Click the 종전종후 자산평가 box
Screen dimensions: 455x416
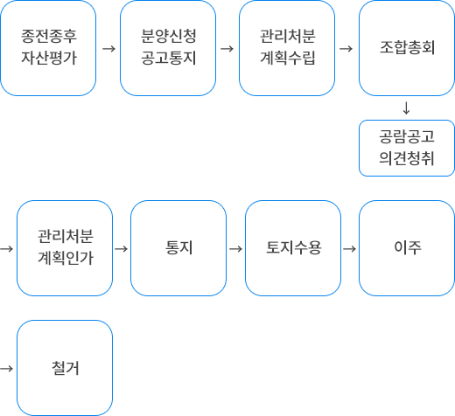tap(48, 48)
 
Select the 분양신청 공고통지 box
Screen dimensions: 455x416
tap(168, 48)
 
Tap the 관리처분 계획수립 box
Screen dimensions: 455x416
tap(287, 48)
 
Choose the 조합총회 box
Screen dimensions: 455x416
tap(407, 48)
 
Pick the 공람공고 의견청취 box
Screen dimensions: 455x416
tap(407, 148)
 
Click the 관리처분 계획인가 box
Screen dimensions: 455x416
tap(65, 248)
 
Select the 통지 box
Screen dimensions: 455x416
tap(178, 248)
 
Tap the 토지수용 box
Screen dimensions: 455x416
tap(293, 248)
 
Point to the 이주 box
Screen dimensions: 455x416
tap(407, 248)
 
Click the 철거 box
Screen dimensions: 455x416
tap(65, 368)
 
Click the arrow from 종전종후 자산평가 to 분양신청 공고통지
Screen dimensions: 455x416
tap(108, 49)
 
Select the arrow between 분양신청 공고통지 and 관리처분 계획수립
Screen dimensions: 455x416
tap(227, 49)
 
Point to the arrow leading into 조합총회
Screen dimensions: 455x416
tap(346, 49)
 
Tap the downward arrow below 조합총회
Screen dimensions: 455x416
tap(406, 108)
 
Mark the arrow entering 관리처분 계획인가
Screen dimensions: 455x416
tap(7, 249)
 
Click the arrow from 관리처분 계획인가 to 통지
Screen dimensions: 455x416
tap(122, 249)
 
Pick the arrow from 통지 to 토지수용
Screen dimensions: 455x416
tap(236, 249)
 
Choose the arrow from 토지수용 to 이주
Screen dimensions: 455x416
tap(349, 249)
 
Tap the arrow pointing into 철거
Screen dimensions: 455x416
tap(7, 369)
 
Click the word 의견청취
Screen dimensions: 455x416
tap(407, 158)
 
